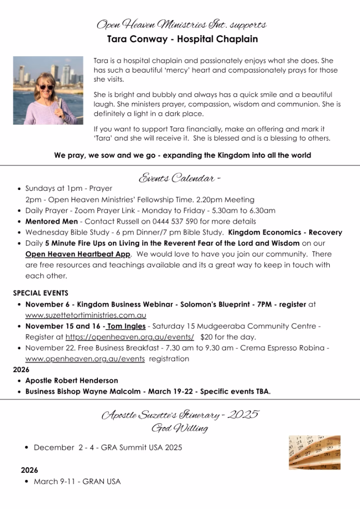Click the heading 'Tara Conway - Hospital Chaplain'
click(x=182, y=39)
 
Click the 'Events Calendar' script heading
click(x=180, y=177)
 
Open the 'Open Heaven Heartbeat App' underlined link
click(x=78, y=254)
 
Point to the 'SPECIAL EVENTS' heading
click(x=41, y=293)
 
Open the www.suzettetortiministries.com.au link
click(x=86, y=315)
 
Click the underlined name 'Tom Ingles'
click(x=126, y=326)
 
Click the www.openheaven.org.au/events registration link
click(x=85, y=358)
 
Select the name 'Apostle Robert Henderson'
click(x=72, y=380)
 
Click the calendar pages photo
click(x=315, y=452)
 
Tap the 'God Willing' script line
click(x=180, y=427)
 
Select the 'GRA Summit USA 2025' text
click(x=141, y=447)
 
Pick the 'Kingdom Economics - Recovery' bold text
click(x=285, y=232)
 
